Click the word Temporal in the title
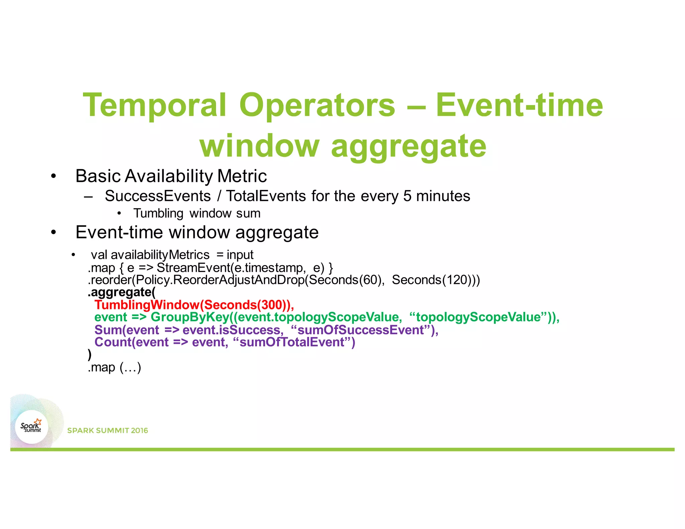click(x=155, y=106)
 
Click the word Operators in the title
click(x=317, y=106)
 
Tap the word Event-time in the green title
click(x=519, y=106)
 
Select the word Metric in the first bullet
click(x=242, y=176)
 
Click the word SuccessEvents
click(x=158, y=196)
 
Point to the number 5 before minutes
click(x=407, y=196)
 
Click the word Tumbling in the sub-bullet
click(x=158, y=213)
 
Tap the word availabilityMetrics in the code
click(x=160, y=255)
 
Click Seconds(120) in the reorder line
click(x=431, y=280)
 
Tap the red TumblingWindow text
click(x=147, y=305)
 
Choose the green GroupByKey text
click(x=190, y=317)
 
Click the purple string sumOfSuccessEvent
click(x=361, y=330)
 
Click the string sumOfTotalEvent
click(x=292, y=342)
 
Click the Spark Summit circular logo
click(x=32, y=427)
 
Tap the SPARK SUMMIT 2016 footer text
click(x=107, y=430)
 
